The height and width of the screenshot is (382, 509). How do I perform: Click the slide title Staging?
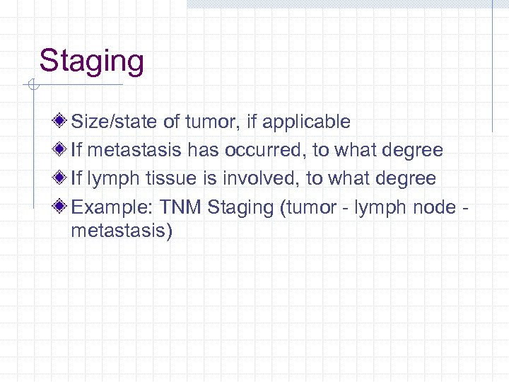tap(91, 62)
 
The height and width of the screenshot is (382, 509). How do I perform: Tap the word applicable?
tap(306, 122)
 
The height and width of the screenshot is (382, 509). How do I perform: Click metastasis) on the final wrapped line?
tap(122, 231)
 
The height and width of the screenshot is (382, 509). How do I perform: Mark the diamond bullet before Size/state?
tap(63, 122)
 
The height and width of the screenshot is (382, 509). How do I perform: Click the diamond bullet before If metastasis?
tap(63, 150)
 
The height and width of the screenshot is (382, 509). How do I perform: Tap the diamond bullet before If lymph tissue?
tap(63, 178)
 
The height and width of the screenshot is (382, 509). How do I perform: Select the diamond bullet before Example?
tap(63, 207)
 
